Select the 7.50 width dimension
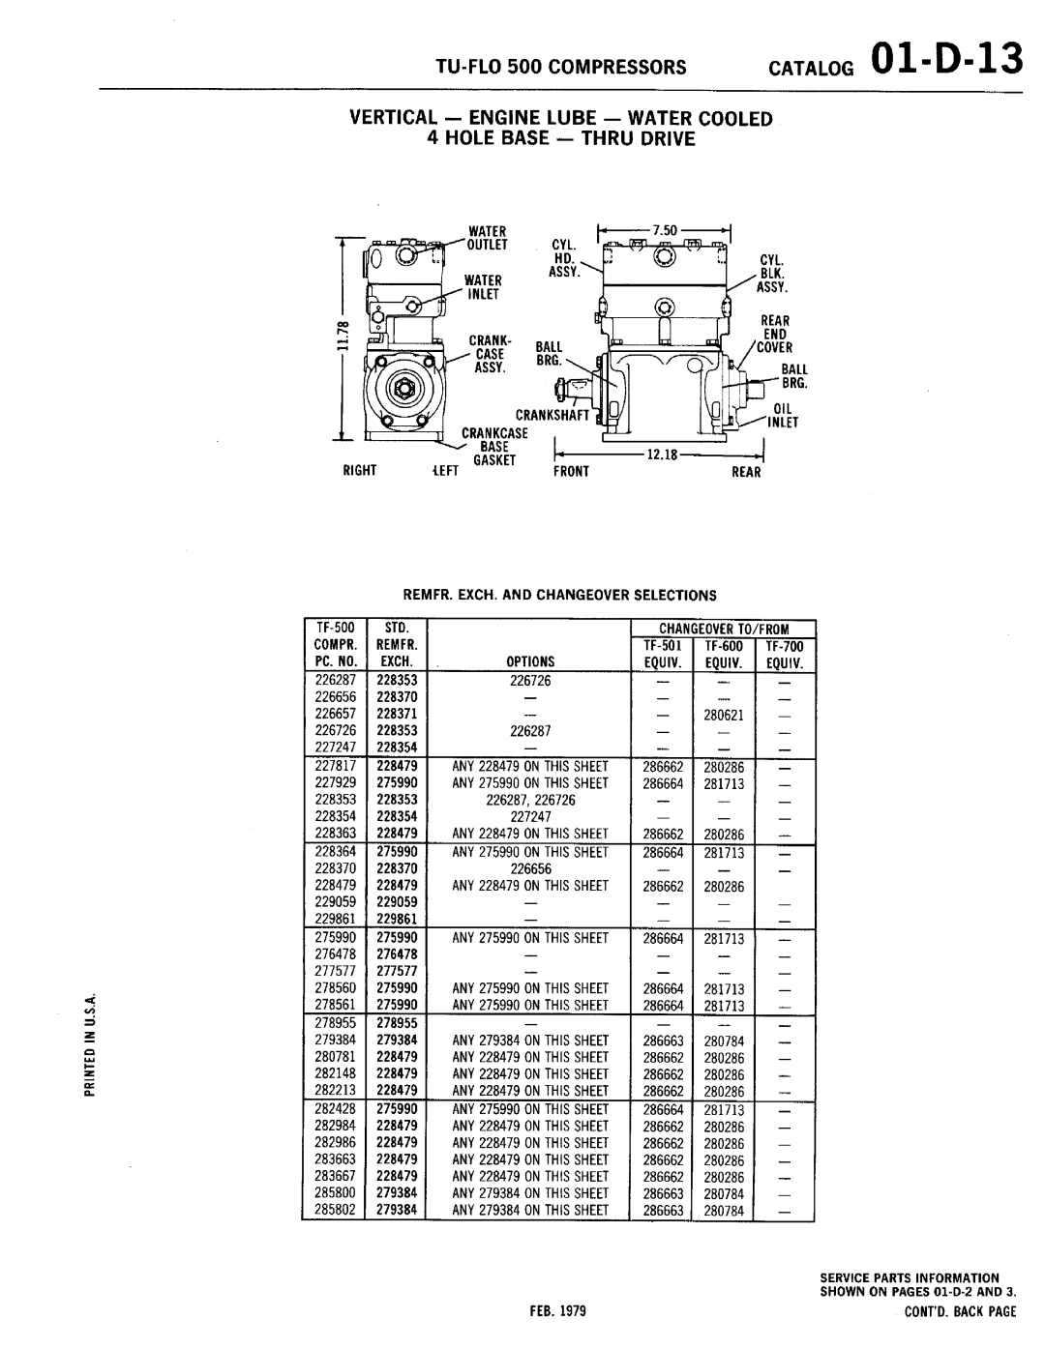664,231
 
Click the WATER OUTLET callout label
488,238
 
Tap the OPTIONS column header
530,662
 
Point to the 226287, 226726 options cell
530,800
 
